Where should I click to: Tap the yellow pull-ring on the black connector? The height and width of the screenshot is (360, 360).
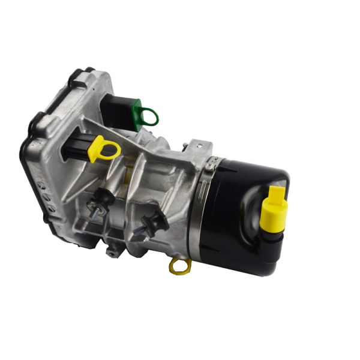click(x=103, y=148)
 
